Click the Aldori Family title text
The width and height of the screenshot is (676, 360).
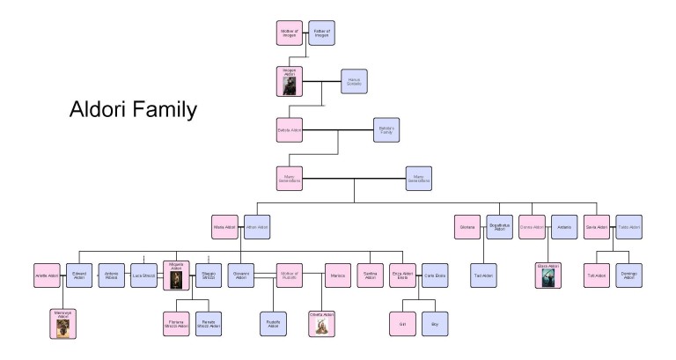pyautogui.click(x=132, y=112)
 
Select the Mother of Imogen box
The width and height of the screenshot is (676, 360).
pyautogui.click(x=290, y=33)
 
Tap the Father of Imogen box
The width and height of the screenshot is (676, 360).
pyautogui.click(x=321, y=33)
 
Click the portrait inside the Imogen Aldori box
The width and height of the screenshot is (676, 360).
pyautogui.click(x=290, y=85)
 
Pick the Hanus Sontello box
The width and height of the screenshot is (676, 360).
pyautogui.click(x=354, y=82)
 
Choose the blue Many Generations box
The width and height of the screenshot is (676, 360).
pyautogui.click(x=419, y=180)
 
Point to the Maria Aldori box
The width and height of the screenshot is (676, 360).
pyautogui.click(x=226, y=227)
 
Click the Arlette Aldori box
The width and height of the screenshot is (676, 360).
pyautogui.click(x=48, y=276)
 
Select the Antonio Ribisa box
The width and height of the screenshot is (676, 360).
pyautogui.click(x=112, y=276)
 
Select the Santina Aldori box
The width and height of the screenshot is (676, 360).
pyautogui.click(x=370, y=276)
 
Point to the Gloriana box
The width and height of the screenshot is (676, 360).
pyautogui.click(x=467, y=227)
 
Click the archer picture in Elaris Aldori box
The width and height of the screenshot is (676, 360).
pyautogui.click(x=548, y=279)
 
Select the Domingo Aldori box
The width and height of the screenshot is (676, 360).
pyautogui.click(x=628, y=276)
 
